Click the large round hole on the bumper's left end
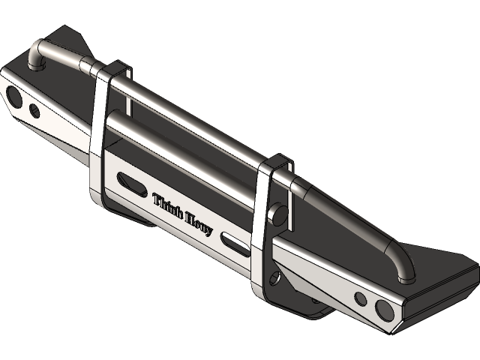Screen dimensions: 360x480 point(14,95)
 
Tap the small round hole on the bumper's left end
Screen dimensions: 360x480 point(34,111)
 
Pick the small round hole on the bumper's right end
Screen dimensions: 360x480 point(361,299)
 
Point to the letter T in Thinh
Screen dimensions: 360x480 point(157,199)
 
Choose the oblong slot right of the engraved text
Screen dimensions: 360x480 point(235,242)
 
